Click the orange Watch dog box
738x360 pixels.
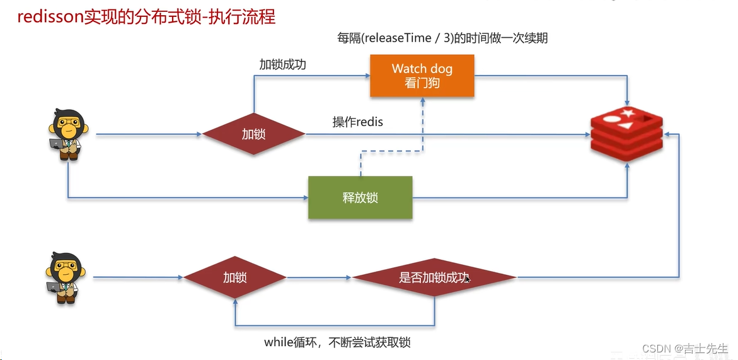click(x=422, y=75)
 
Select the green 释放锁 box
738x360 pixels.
click(x=360, y=197)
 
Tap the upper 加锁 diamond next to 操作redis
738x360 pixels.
click(x=253, y=134)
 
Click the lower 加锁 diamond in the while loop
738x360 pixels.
click(x=234, y=277)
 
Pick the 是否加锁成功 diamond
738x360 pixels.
click(x=434, y=277)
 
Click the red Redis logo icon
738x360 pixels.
click(x=628, y=134)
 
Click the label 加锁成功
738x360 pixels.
click(x=283, y=64)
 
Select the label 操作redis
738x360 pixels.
click(x=357, y=122)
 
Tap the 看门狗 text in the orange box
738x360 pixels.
click(x=422, y=83)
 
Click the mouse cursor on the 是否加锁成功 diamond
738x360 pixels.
click(x=467, y=278)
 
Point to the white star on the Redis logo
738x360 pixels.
click(x=628, y=113)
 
